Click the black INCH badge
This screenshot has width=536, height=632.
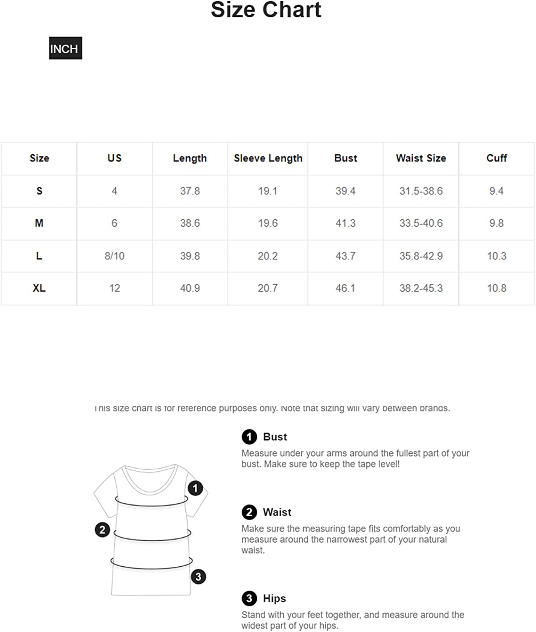click(65, 48)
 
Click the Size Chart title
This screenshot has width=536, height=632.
click(266, 10)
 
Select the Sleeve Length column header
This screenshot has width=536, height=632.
click(268, 158)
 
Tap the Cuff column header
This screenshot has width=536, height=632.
click(496, 158)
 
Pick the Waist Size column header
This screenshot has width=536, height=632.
click(421, 158)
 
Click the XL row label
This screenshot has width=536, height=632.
click(39, 288)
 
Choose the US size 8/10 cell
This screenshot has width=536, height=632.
click(115, 256)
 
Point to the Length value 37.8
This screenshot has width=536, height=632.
click(190, 191)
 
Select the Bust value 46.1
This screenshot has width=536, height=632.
click(345, 288)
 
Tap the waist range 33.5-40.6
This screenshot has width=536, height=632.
click(421, 223)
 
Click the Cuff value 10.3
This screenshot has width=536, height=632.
click(496, 256)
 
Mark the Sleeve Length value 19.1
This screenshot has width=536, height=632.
click(268, 191)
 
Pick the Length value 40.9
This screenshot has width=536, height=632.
click(190, 288)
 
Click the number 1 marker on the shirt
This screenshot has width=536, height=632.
click(195, 488)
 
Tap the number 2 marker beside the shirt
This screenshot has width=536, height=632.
click(102, 530)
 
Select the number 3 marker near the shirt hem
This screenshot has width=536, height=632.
click(198, 576)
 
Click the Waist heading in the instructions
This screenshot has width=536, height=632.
click(277, 512)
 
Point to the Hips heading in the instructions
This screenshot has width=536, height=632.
click(274, 598)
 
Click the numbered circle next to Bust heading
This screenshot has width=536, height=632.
click(249, 437)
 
